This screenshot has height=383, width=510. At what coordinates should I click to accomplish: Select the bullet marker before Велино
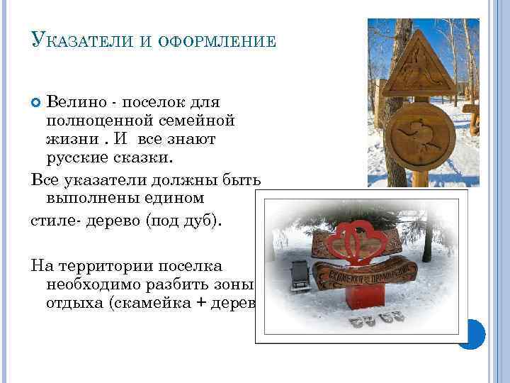(36, 104)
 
